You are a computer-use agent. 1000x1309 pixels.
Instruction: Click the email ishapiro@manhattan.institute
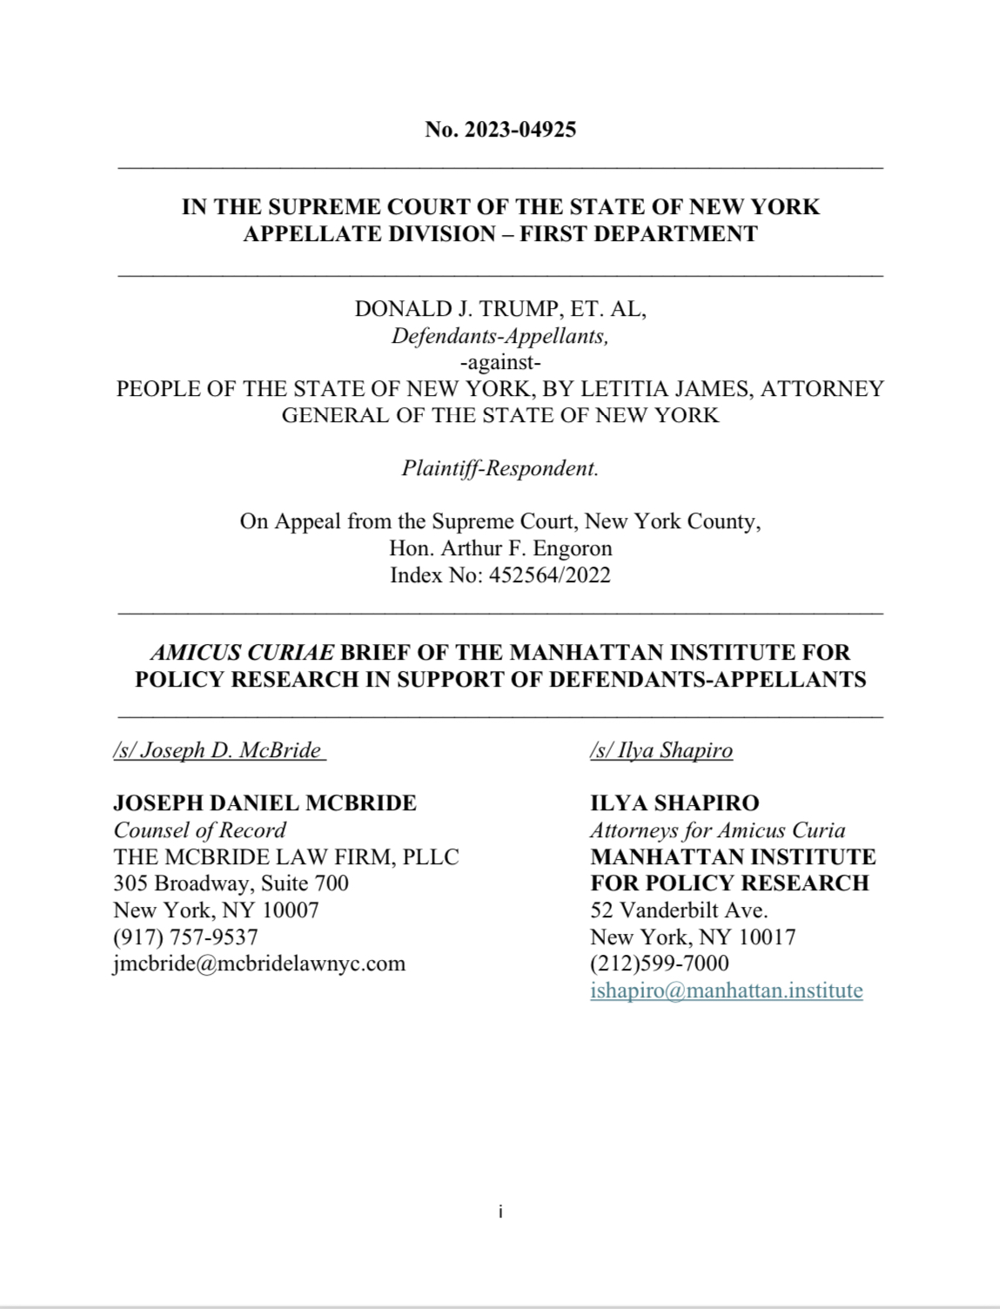click(x=726, y=990)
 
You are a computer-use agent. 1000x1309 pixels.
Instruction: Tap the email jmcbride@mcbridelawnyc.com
click(x=259, y=963)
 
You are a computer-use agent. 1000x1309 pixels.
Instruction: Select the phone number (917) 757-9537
click(x=185, y=936)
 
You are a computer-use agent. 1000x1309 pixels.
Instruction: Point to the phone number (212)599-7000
click(x=660, y=963)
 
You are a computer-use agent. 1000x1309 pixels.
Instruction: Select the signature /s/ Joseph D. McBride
click(x=219, y=750)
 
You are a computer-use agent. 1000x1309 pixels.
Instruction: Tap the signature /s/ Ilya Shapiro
click(x=661, y=750)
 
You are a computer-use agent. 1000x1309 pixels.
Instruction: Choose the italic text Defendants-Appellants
click(x=500, y=336)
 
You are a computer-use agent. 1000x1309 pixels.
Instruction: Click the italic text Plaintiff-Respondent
click(x=500, y=468)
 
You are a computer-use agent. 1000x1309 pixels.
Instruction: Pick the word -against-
click(x=500, y=362)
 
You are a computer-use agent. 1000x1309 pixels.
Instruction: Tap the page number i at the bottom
click(x=500, y=1212)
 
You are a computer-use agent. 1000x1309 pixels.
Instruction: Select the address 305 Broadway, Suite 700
click(x=231, y=883)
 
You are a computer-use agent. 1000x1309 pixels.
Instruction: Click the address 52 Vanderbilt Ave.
click(x=679, y=910)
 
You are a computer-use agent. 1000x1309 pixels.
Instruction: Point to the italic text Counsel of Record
click(x=199, y=830)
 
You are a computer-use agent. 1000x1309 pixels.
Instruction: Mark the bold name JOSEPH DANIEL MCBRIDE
click(x=265, y=802)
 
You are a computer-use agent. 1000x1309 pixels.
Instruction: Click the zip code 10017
click(x=767, y=937)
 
